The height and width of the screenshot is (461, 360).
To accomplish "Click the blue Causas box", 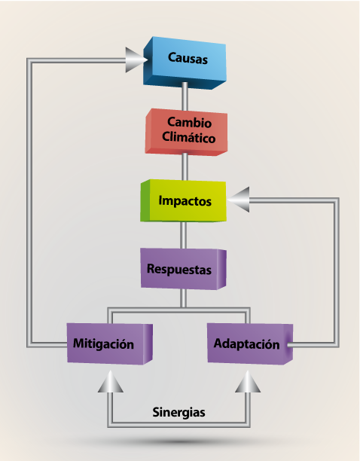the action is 185,63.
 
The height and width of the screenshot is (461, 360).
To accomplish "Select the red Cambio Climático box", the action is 186,132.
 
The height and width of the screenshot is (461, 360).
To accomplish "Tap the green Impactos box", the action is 183,200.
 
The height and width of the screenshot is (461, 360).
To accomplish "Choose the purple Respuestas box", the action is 183,269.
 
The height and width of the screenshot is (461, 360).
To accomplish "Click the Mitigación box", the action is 110,343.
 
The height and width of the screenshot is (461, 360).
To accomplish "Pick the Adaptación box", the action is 250,343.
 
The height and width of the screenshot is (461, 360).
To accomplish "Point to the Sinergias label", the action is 178,412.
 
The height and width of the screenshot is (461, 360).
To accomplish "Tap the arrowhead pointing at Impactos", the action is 238,200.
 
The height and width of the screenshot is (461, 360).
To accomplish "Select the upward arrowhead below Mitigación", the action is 111,381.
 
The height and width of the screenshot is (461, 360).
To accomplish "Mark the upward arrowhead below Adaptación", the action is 248,381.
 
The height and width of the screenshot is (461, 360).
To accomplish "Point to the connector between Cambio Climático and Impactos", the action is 185,166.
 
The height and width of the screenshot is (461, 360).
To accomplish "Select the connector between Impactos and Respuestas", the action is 183,235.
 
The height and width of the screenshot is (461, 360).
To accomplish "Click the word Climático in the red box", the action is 189,137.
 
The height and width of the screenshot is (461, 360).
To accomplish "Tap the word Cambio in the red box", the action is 189,122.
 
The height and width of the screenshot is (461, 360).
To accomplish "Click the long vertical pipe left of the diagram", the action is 29,203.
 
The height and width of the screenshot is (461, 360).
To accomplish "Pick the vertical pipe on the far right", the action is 337,273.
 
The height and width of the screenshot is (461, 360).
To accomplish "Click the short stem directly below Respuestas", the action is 183,298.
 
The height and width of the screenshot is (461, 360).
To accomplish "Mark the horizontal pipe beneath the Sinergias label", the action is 178,424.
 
